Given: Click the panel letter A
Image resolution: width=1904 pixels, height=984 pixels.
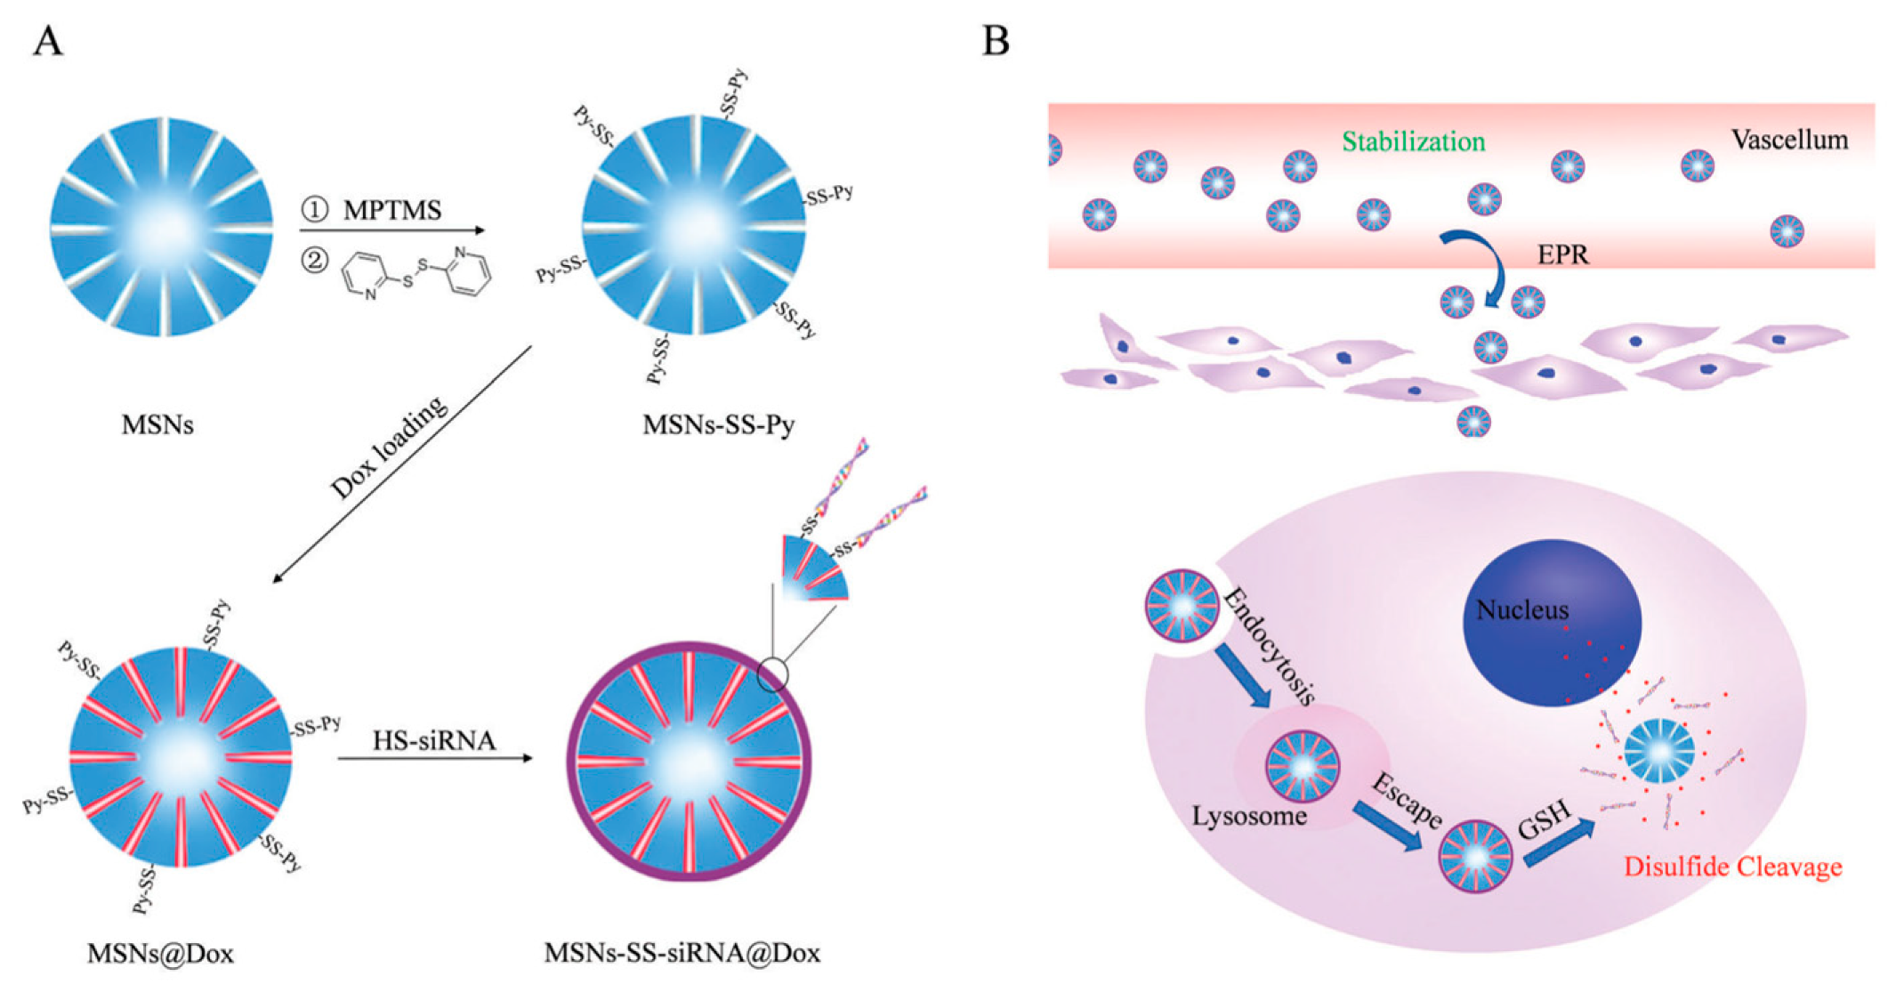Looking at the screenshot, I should click(x=48, y=41).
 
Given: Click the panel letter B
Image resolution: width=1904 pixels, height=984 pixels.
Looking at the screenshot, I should click(x=996, y=41).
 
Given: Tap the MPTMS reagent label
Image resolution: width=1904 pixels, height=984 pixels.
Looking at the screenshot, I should click(x=392, y=211).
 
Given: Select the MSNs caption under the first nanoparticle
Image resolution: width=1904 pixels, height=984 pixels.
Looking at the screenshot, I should click(x=157, y=425).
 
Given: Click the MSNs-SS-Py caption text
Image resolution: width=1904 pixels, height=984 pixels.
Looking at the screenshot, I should click(x=718, y=425).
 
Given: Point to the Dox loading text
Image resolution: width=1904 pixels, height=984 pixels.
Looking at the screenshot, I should click(x=388, y=448).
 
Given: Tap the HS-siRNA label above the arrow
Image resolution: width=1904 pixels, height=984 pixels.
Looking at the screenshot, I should click(x=433, y=740).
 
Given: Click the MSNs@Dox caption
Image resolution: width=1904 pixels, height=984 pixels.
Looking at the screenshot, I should click(x=160, y=954).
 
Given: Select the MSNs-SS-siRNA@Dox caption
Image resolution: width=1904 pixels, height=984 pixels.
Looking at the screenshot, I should click(x=682, y=954).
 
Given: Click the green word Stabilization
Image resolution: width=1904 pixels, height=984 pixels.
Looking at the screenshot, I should click(x=1413, y=141).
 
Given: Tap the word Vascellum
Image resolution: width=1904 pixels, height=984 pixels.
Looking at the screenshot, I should click(x=1789, y=140).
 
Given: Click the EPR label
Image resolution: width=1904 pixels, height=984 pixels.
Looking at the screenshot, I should click(x=1563, y=255).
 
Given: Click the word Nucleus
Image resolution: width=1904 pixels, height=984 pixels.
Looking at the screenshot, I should click(x=1522, y=610).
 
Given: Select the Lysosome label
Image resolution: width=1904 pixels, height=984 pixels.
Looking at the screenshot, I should click(x=1249, y=816).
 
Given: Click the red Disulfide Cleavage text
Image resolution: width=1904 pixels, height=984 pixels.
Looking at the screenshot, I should click(x=1732, y=867).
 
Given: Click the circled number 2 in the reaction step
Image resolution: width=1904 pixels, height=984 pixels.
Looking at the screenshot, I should click(x=314, y=261).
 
